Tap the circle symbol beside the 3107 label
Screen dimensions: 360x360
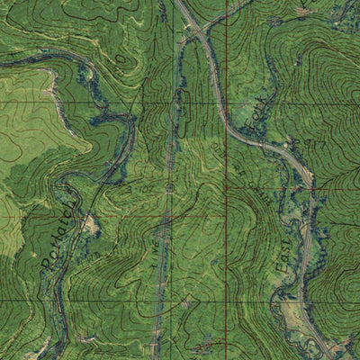pyautogui.click(x=171, y=186)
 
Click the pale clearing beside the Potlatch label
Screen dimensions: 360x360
pyautogui.click(x=90, y=225)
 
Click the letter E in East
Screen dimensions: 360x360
pyautogui.click(x=281, y=269)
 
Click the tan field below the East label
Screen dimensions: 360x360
pyautogui.click(x=297, y=315)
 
